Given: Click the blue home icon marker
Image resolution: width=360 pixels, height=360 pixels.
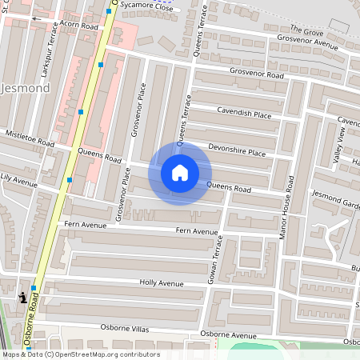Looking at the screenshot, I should [180, 173].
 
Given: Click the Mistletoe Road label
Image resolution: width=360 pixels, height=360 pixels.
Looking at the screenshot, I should [30, 138].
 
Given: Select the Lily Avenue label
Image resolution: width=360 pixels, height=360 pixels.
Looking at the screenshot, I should [18, 180].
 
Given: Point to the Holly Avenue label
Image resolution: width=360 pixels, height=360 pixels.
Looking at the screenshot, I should [162, 283].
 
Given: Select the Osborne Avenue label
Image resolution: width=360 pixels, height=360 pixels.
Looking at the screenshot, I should [229, 334].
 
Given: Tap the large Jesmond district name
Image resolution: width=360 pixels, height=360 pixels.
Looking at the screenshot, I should [25, 87].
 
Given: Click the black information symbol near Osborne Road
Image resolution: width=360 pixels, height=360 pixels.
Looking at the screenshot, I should [22, 298].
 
